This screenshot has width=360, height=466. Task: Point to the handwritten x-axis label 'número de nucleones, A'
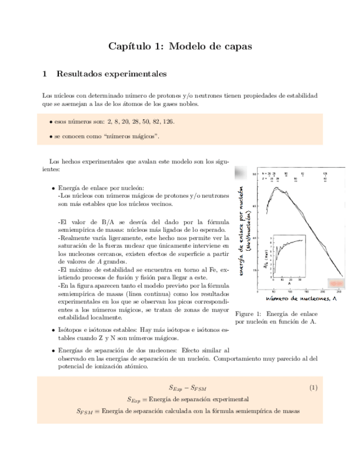(301, 298)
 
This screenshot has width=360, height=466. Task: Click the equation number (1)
(313, 388)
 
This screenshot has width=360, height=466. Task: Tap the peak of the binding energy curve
(277, 187)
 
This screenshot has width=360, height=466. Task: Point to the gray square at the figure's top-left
(240, 174)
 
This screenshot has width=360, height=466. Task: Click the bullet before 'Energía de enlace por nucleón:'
(53, 187)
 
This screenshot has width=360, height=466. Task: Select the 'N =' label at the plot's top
(264, 173)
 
